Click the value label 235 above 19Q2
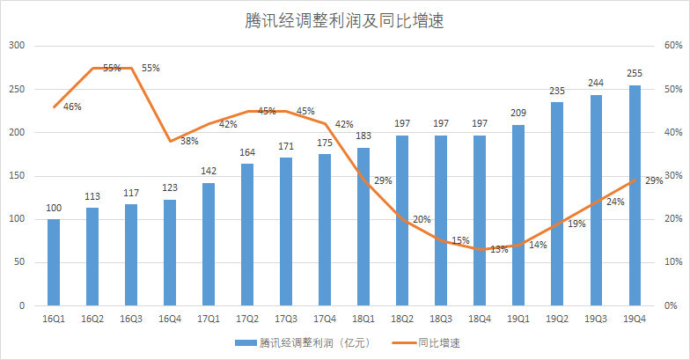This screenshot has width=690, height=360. pyautogui.click(x=557, y=91)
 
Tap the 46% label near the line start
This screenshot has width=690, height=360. pyautogui.click(x=72, y=107)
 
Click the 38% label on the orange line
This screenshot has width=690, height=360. pyautogui.click(x=188, y=141)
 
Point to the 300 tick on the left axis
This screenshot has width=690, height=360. pyautogui.click(x=17, y=46)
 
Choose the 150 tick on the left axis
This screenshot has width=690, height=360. pyautogui.click(x=17, y=176)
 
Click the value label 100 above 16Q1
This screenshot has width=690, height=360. pyautogui.click(x=54, y=208)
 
